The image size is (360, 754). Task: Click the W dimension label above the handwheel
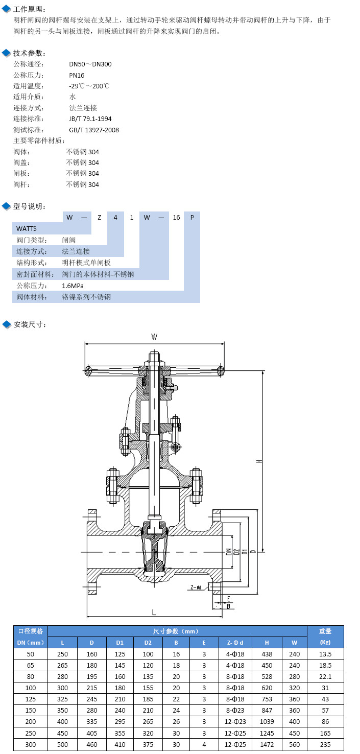coord(154,337)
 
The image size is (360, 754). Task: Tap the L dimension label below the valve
coord(154,611)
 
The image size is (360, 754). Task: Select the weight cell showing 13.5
coord(325,654)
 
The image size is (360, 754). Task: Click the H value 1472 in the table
coord(267,744)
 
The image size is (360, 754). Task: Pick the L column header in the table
coord(62,643)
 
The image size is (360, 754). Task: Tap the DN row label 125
coord(31,699)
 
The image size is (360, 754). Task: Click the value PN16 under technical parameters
coord(77,75)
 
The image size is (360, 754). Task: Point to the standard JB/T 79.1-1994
coord(90,119)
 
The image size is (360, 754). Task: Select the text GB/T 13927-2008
coord(94,130)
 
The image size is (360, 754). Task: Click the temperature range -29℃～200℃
coord(89,86)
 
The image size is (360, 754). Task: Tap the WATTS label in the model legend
coord(27,229)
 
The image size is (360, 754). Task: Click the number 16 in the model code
coord(176,218)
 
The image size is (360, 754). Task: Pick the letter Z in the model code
coord(100,218)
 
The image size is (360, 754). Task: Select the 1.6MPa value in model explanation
coord(73,286)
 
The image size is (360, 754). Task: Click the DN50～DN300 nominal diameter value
coord(90,64)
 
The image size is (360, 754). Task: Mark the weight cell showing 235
coord(325,744)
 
